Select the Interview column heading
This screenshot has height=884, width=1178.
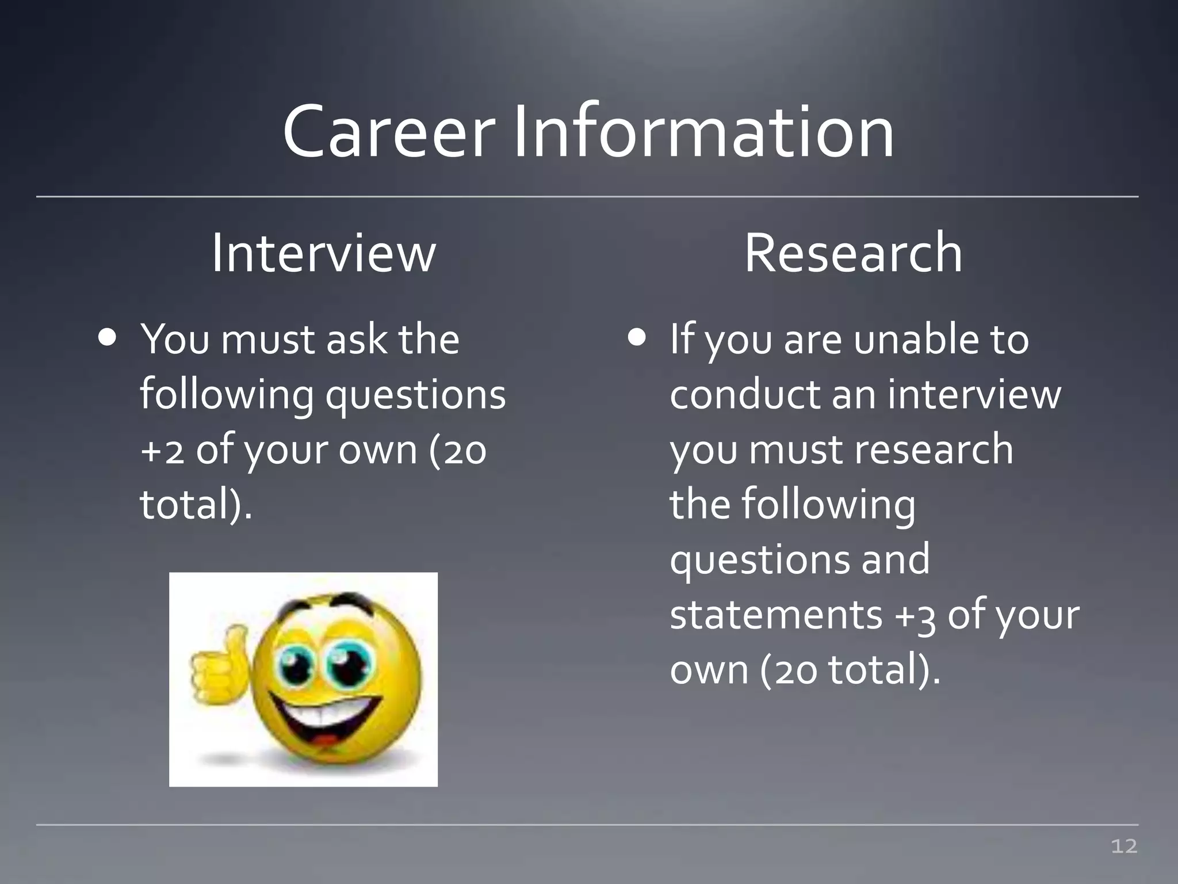(x=324, y=253)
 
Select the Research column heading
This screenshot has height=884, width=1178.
(x=853, y=253)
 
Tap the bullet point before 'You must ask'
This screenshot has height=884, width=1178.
(x=108, y=338)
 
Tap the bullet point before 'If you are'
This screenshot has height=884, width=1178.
(x=637, y=338)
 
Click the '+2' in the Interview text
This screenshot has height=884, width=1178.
(x=162, y=450)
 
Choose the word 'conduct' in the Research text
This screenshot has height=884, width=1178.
(x=745, y=395)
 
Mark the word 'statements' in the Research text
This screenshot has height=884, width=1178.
(x=775, y=615)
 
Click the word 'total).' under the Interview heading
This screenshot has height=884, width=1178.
(x=196, y=504)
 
